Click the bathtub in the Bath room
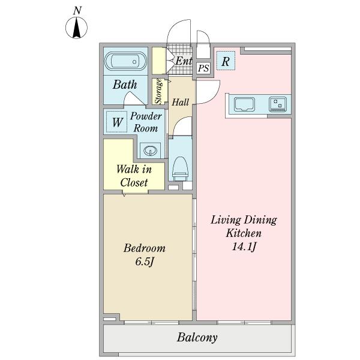point(126,62)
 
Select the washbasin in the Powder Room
point(151,151)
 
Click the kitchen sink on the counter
point(245,104)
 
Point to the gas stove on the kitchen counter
point(278,104)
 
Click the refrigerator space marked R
point(226,61)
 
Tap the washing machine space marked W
point(117,122)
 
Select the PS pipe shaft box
point(203,68)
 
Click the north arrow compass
point(76,28)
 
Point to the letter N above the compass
point(77,11)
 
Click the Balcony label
point(197,337)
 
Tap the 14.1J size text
point(244,247)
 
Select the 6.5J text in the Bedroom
point(145,262)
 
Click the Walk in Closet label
point(134,176)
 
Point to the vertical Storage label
point(158,91)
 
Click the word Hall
point(181,102)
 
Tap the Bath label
point(125,85)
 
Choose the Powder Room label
point(146,122)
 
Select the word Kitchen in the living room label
point(244,233)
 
